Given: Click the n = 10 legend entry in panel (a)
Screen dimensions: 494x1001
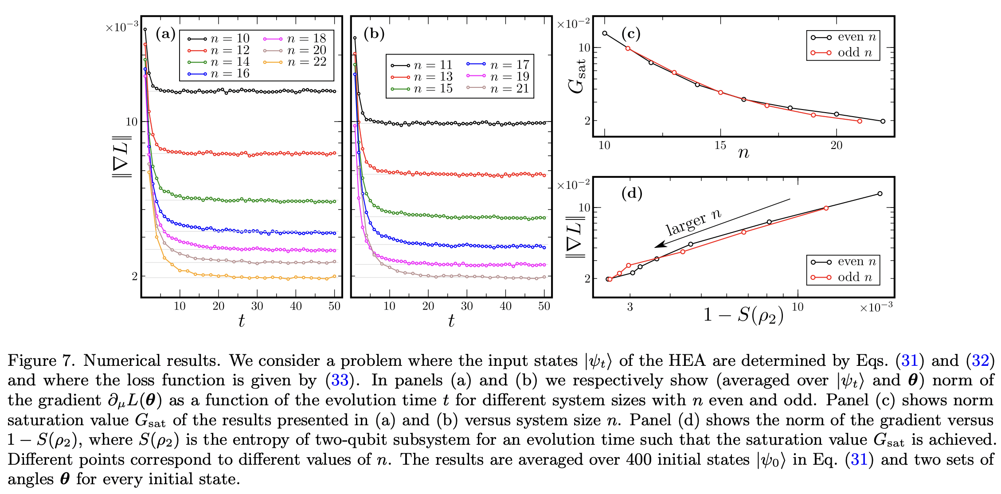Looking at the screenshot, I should coord(230,39).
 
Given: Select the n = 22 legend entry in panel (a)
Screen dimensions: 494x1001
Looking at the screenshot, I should coord(306,62).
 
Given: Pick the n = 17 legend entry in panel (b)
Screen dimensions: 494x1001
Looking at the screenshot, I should coord(509,65).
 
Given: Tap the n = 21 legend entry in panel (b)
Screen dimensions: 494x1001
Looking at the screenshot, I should coord(509,89).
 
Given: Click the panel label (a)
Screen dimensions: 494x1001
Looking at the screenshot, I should coord(165,34).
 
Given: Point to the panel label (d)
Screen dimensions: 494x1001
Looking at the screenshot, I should coord(632,193).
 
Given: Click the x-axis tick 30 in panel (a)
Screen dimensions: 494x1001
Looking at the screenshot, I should coord(257,306).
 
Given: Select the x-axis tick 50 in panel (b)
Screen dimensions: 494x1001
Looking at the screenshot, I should coord(544,306).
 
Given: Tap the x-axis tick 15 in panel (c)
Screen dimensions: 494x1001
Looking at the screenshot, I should coord(720,145).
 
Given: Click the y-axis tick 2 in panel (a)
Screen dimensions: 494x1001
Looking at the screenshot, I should coord(135,276).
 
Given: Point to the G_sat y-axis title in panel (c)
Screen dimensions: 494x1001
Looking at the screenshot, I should coord(577,75).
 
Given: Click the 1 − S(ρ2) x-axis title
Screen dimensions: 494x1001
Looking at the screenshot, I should coord(743,315).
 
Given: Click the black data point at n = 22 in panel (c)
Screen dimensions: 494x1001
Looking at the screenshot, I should coord(883,121).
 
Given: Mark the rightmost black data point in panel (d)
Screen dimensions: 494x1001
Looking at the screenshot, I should coord(880,194).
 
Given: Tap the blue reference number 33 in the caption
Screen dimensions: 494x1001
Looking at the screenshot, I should coord(340,380).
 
